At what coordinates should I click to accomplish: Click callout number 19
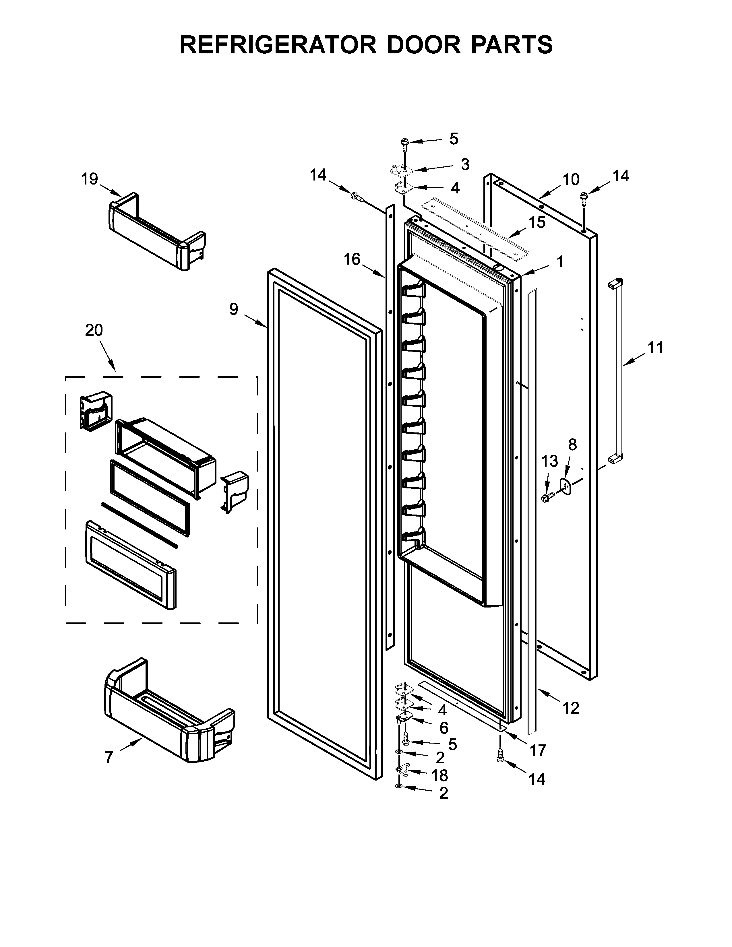point(90,179)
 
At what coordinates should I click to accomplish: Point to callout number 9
point(234,309)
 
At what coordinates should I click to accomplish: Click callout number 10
point(571,179)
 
